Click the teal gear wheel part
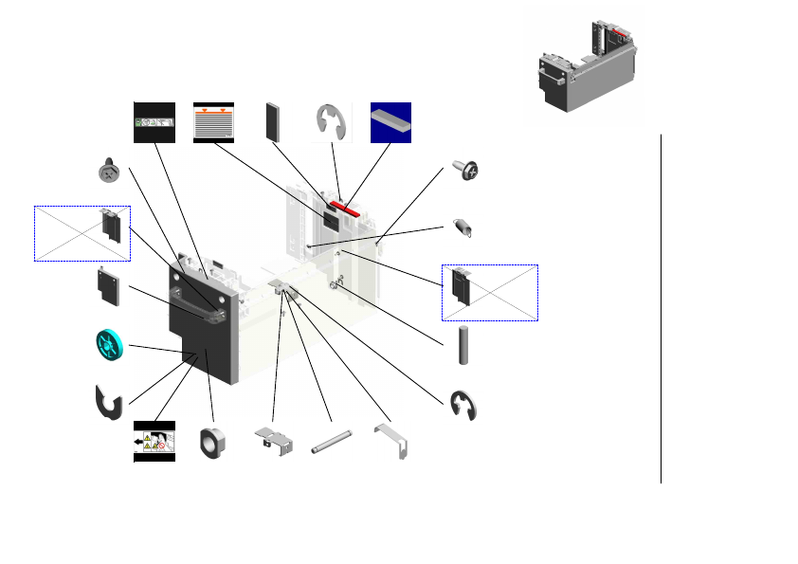[110, 343]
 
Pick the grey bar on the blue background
[390, 120]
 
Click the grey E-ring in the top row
[330, 121]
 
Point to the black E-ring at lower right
[463, 405]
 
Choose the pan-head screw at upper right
[466, 171]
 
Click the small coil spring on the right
[464, 228]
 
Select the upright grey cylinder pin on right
[463, 344]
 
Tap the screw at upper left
[109, 172]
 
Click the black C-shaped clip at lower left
[110, 403]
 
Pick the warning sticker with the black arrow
[154, 442]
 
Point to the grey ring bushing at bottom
[212, 442]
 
